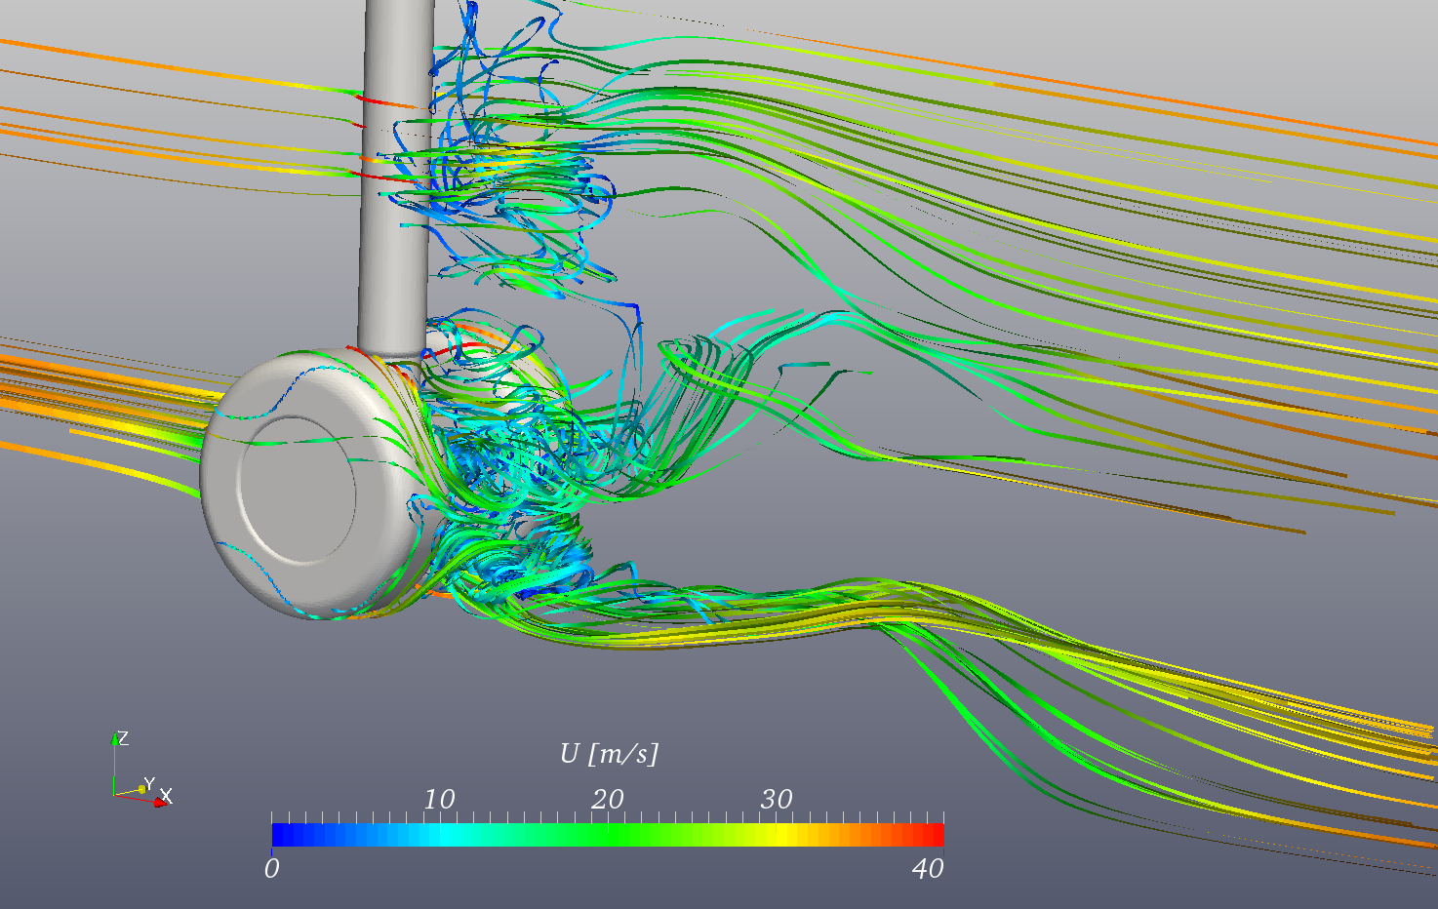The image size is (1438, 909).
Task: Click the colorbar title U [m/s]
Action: [x=609, y=753]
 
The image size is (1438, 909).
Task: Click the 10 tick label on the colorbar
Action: [x=438, y=799]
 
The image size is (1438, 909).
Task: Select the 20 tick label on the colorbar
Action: [x=607, y=799]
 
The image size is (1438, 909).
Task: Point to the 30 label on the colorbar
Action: [x=776, y=799]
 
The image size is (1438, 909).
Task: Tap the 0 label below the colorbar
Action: [x=271, y=868]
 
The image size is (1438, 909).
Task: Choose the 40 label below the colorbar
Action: [x=928, y=868]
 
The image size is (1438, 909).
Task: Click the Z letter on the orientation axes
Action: [x=124, y=738]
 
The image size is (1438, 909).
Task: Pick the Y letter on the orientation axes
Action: [x=148, y=783]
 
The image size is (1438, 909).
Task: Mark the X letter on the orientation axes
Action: [x=167, y=796]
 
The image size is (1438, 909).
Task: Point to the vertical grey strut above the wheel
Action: [x=396, y=195]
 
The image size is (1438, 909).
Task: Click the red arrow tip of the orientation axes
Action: [x=160, y=802]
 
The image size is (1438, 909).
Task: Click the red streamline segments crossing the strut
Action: [x=376, y=99]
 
